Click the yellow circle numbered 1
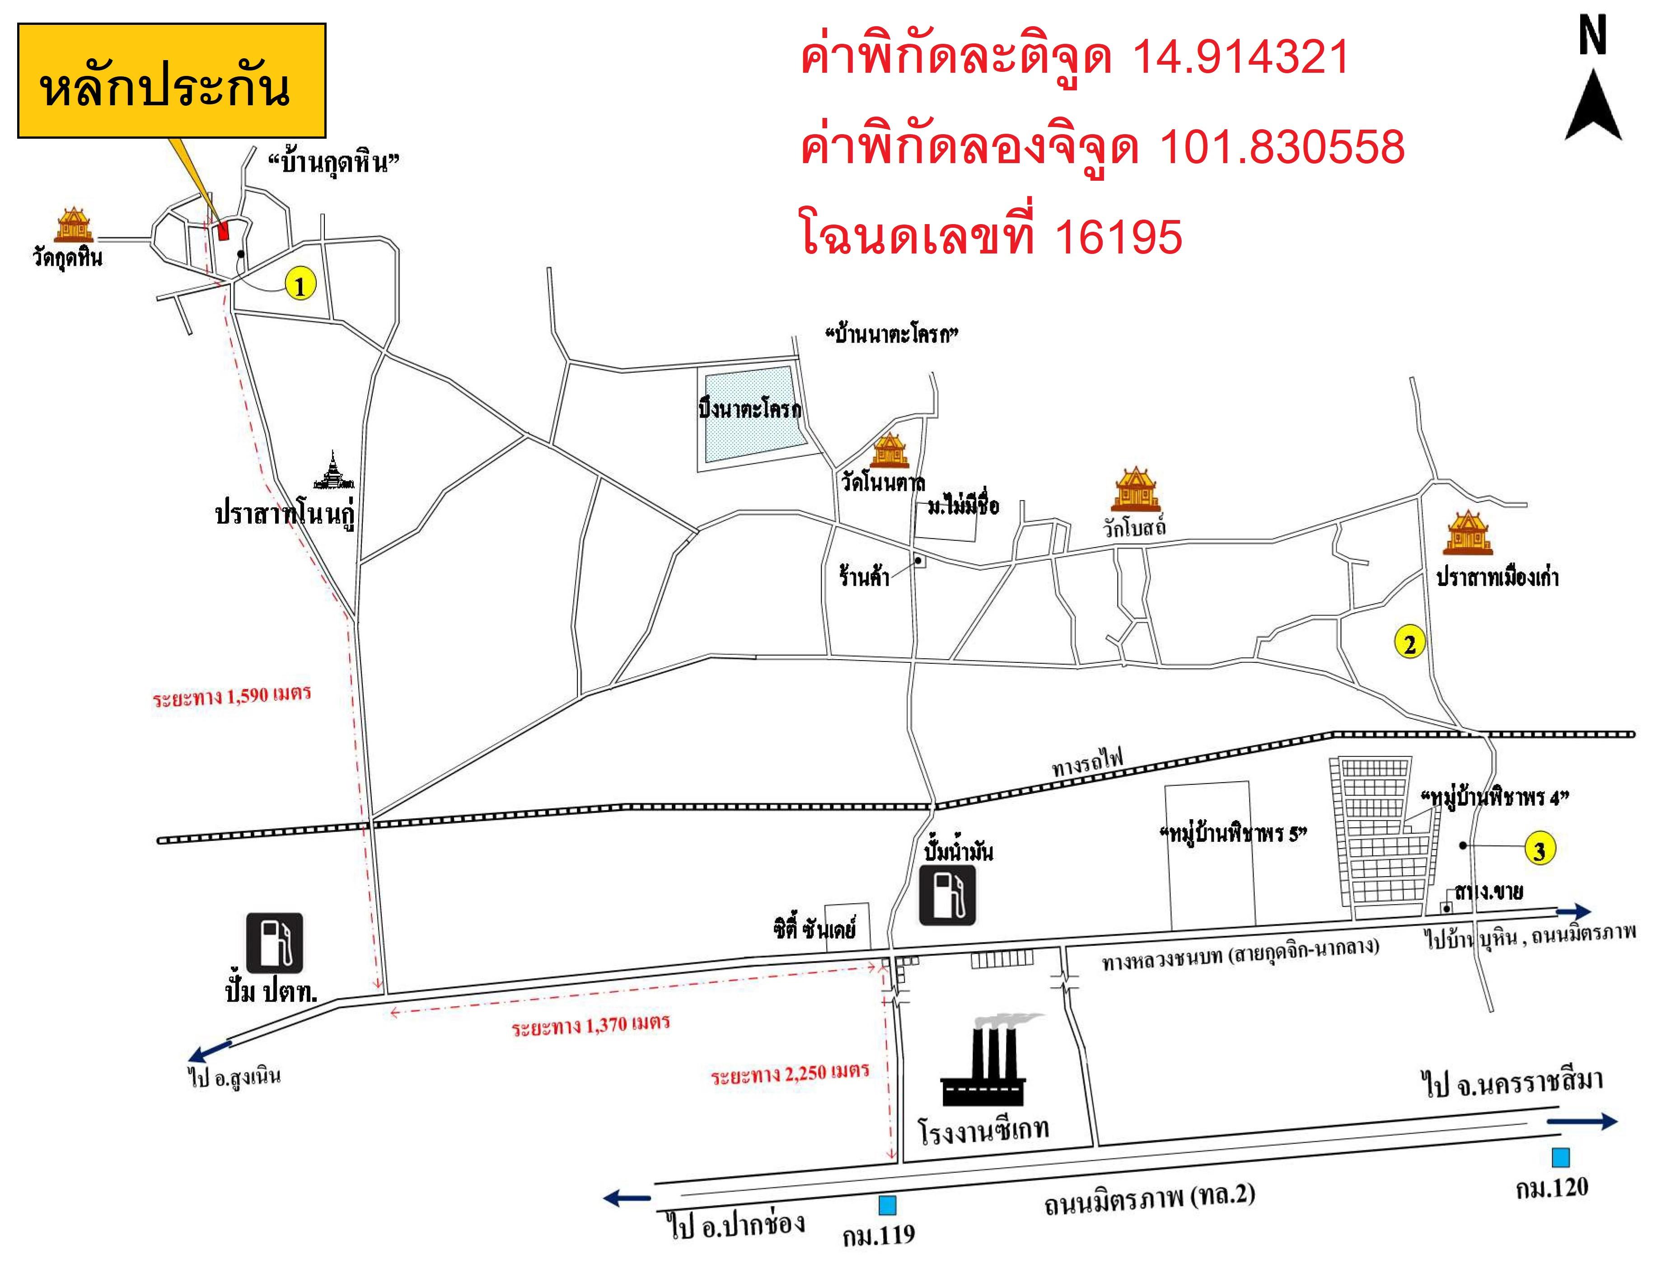pos(299,286)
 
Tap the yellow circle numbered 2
pos(1409,643)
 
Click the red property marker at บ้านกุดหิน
pos(223,230)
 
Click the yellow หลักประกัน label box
pos(171,80)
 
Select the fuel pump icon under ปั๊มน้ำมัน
pos(947,896)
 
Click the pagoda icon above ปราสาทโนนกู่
pos(334,472)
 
